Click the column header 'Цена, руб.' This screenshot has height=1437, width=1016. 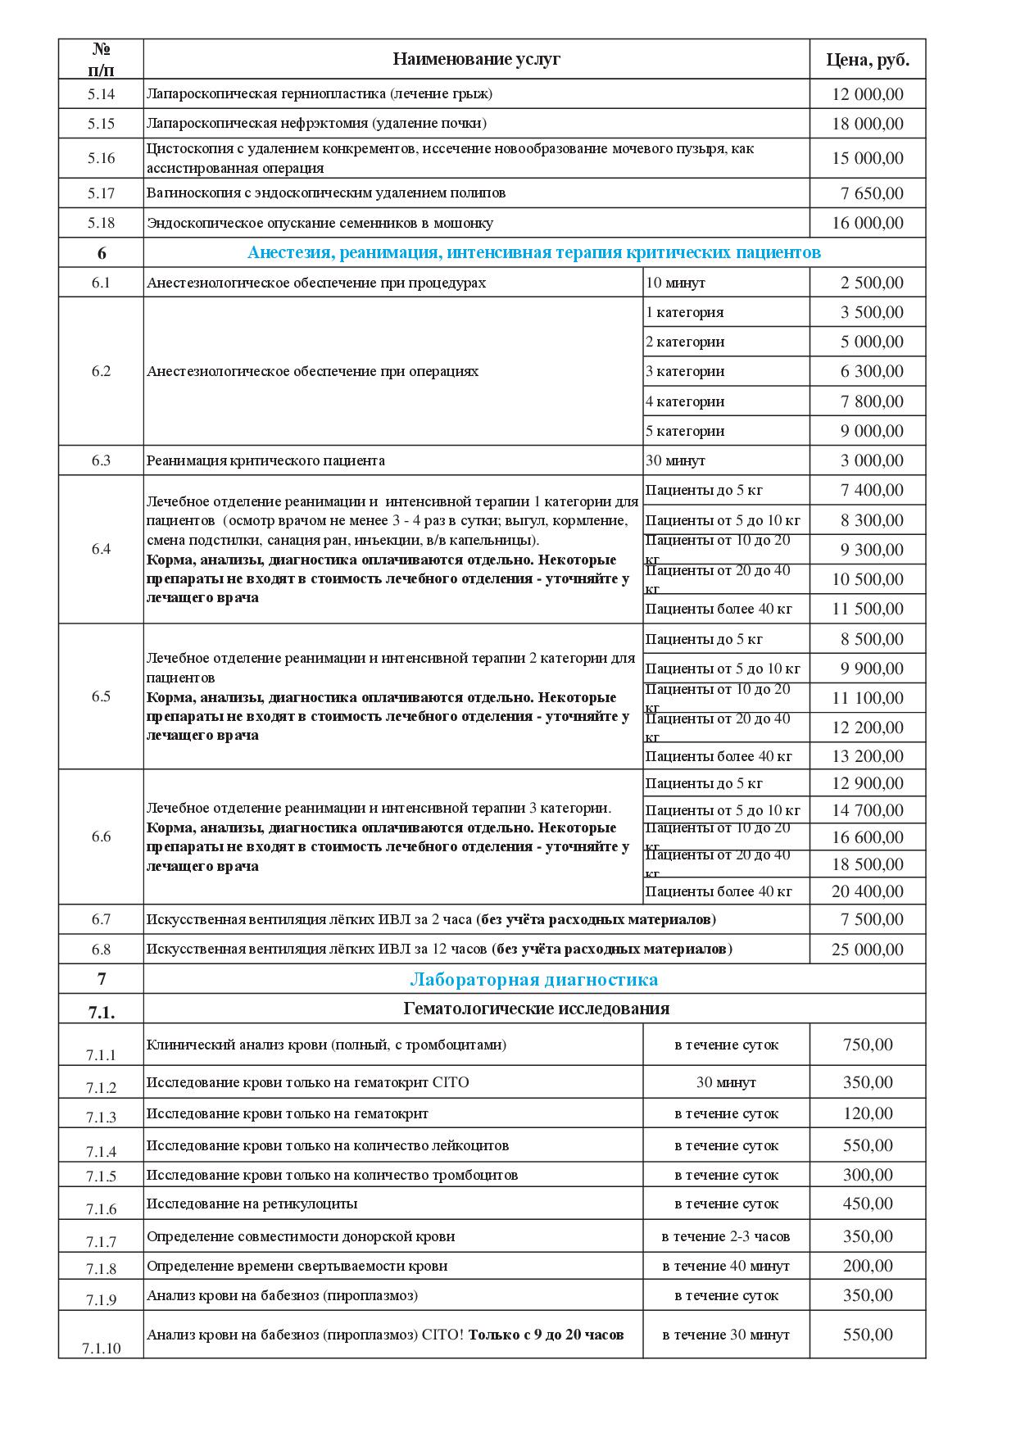(x=868, y=60)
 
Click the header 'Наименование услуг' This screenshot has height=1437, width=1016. (x=476, y=59)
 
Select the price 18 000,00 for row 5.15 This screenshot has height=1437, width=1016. (x=868, y=124)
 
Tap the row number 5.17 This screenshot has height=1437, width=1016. (x=101, y=193)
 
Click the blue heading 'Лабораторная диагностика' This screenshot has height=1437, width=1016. (x=533, y=980)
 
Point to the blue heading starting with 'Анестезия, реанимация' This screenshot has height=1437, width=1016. (x=533, y=252)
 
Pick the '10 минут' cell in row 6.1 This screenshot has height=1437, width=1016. (x=676, y=283)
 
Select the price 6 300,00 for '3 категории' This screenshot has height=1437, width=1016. (x=872, y=371)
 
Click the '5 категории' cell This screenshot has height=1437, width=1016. (x=685, y=431)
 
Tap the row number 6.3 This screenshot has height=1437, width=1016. (x=101, y=460)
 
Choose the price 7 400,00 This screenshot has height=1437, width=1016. (x=872, y=490)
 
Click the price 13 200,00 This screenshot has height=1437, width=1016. (x=868, y=756)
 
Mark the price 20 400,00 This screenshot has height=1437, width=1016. (x=868, y=891)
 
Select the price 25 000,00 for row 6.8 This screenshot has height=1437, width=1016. (x=868, y=950)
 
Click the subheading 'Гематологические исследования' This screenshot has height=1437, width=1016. (x=536, y=1009)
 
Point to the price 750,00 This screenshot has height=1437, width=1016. (x=868, y=1045)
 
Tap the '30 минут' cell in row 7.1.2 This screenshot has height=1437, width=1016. (x=726, y=1082)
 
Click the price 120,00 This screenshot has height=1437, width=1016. (x=868, y=1113)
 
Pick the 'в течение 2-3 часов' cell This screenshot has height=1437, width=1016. (x=726, y=1236)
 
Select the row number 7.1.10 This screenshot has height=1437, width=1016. (x=101, y=1348)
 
